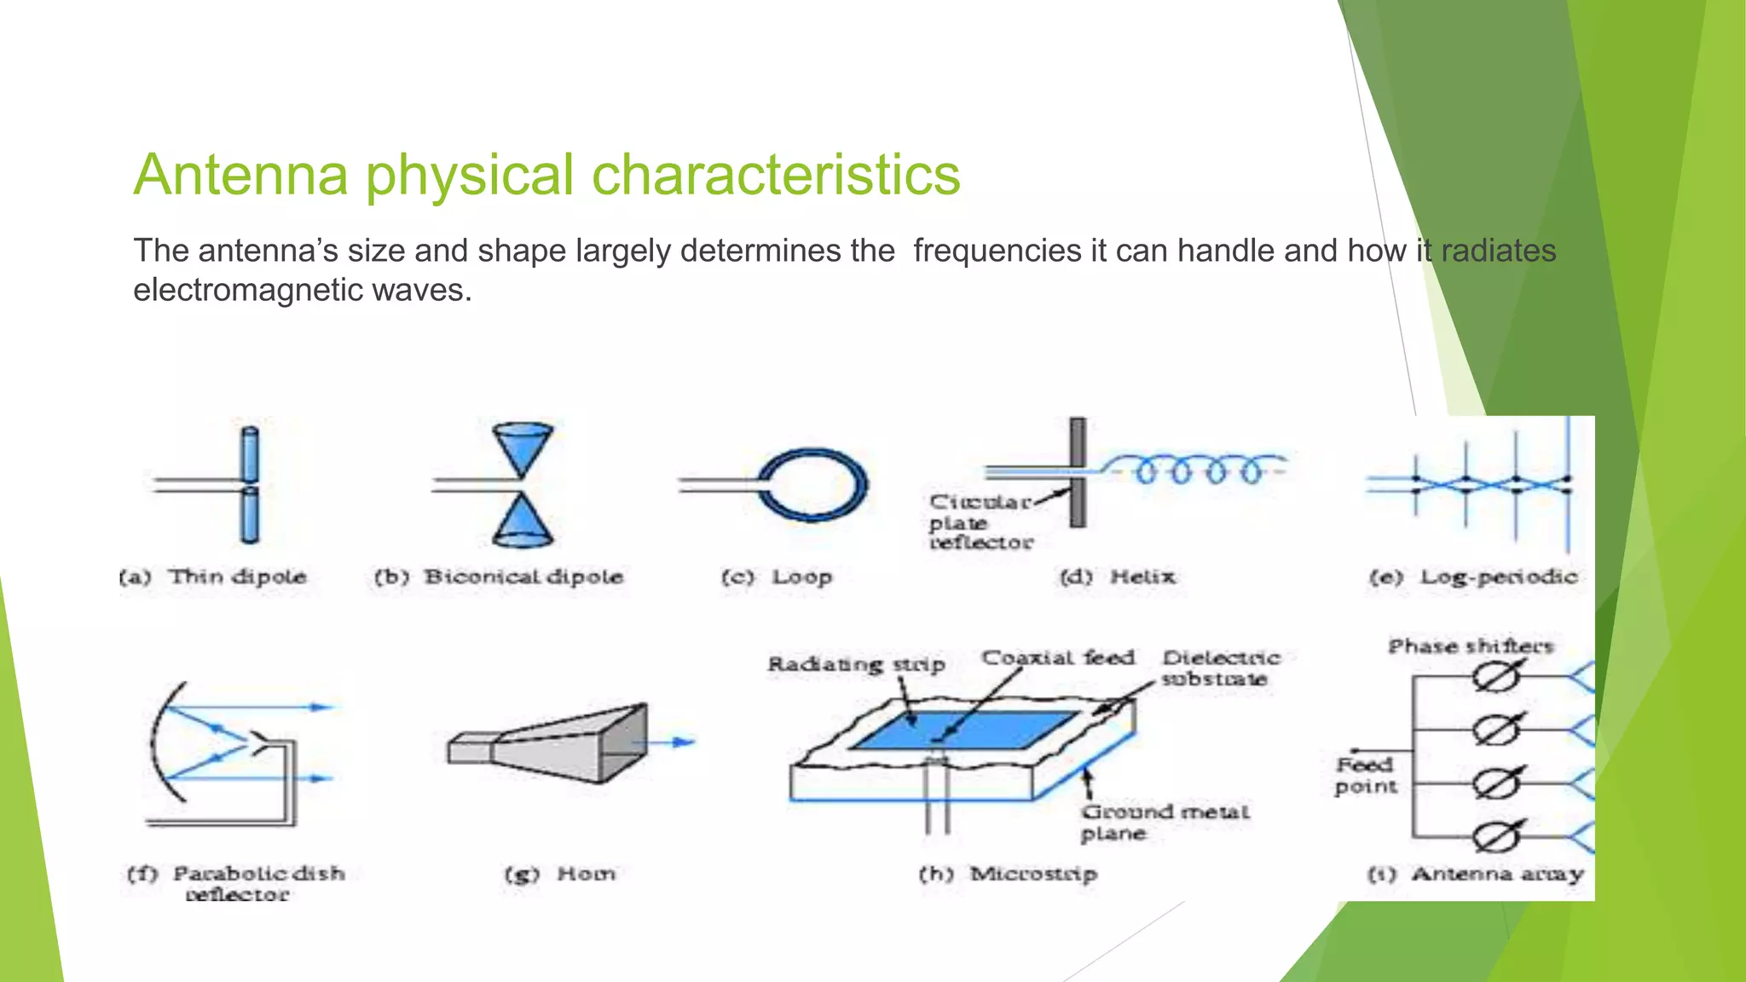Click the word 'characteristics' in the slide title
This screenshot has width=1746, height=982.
tap(776, 175)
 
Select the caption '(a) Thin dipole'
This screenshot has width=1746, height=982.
tap(212, 577)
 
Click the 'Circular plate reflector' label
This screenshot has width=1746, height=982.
tap(980, 522)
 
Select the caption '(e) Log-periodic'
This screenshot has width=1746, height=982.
tap(1473, 577)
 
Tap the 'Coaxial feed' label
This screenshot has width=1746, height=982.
tap(1058, 658)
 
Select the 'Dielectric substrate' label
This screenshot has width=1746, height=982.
tap(1219, 668)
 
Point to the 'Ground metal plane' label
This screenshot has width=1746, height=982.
tap(1164, 823)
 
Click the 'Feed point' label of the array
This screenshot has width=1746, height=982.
tap(1365, 775)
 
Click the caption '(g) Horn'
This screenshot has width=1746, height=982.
tap(559, 874)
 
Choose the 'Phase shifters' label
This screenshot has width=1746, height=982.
tap(1471, 646)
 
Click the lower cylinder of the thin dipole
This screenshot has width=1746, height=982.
tap(249, 515)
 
